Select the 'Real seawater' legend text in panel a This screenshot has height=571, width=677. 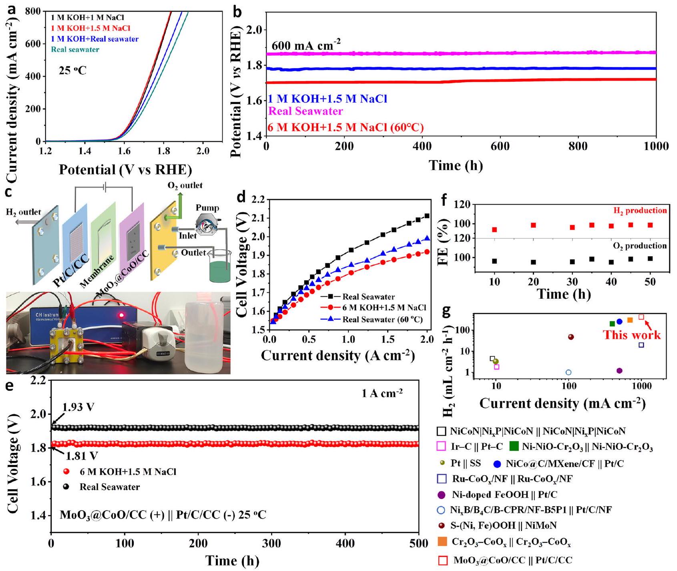coord(75,50)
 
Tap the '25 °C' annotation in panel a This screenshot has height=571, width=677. coord(72,71)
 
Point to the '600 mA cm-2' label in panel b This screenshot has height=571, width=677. coord(306,45)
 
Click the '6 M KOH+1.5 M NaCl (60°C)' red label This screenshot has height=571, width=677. coord(346,127)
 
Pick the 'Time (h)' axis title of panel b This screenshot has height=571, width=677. coord(456,165)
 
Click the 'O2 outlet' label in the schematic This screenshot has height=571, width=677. coord(185,185)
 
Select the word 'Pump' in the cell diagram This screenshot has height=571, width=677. coord(207,208)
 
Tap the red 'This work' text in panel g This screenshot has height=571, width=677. coord(631,335)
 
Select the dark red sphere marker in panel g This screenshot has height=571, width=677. coord(571,337)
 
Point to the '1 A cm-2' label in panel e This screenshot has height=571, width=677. coord(382,393)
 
